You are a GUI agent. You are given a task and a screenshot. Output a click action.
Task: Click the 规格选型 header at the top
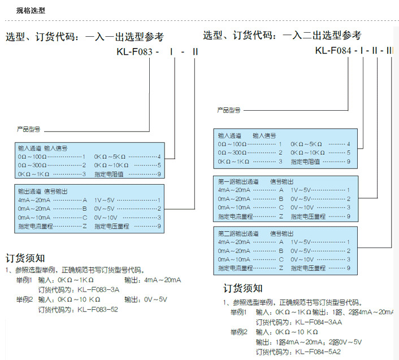point(31,10)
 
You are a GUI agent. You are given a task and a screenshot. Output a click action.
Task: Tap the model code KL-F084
point(333,51)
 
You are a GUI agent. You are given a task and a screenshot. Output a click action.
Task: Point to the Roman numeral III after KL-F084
point(389,51)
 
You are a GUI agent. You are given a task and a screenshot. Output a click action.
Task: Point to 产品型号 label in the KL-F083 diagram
point(28,129)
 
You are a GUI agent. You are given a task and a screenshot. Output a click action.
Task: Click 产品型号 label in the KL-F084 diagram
point(229,110)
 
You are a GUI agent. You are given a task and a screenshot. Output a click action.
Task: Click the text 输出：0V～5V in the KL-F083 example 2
point(146,299)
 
